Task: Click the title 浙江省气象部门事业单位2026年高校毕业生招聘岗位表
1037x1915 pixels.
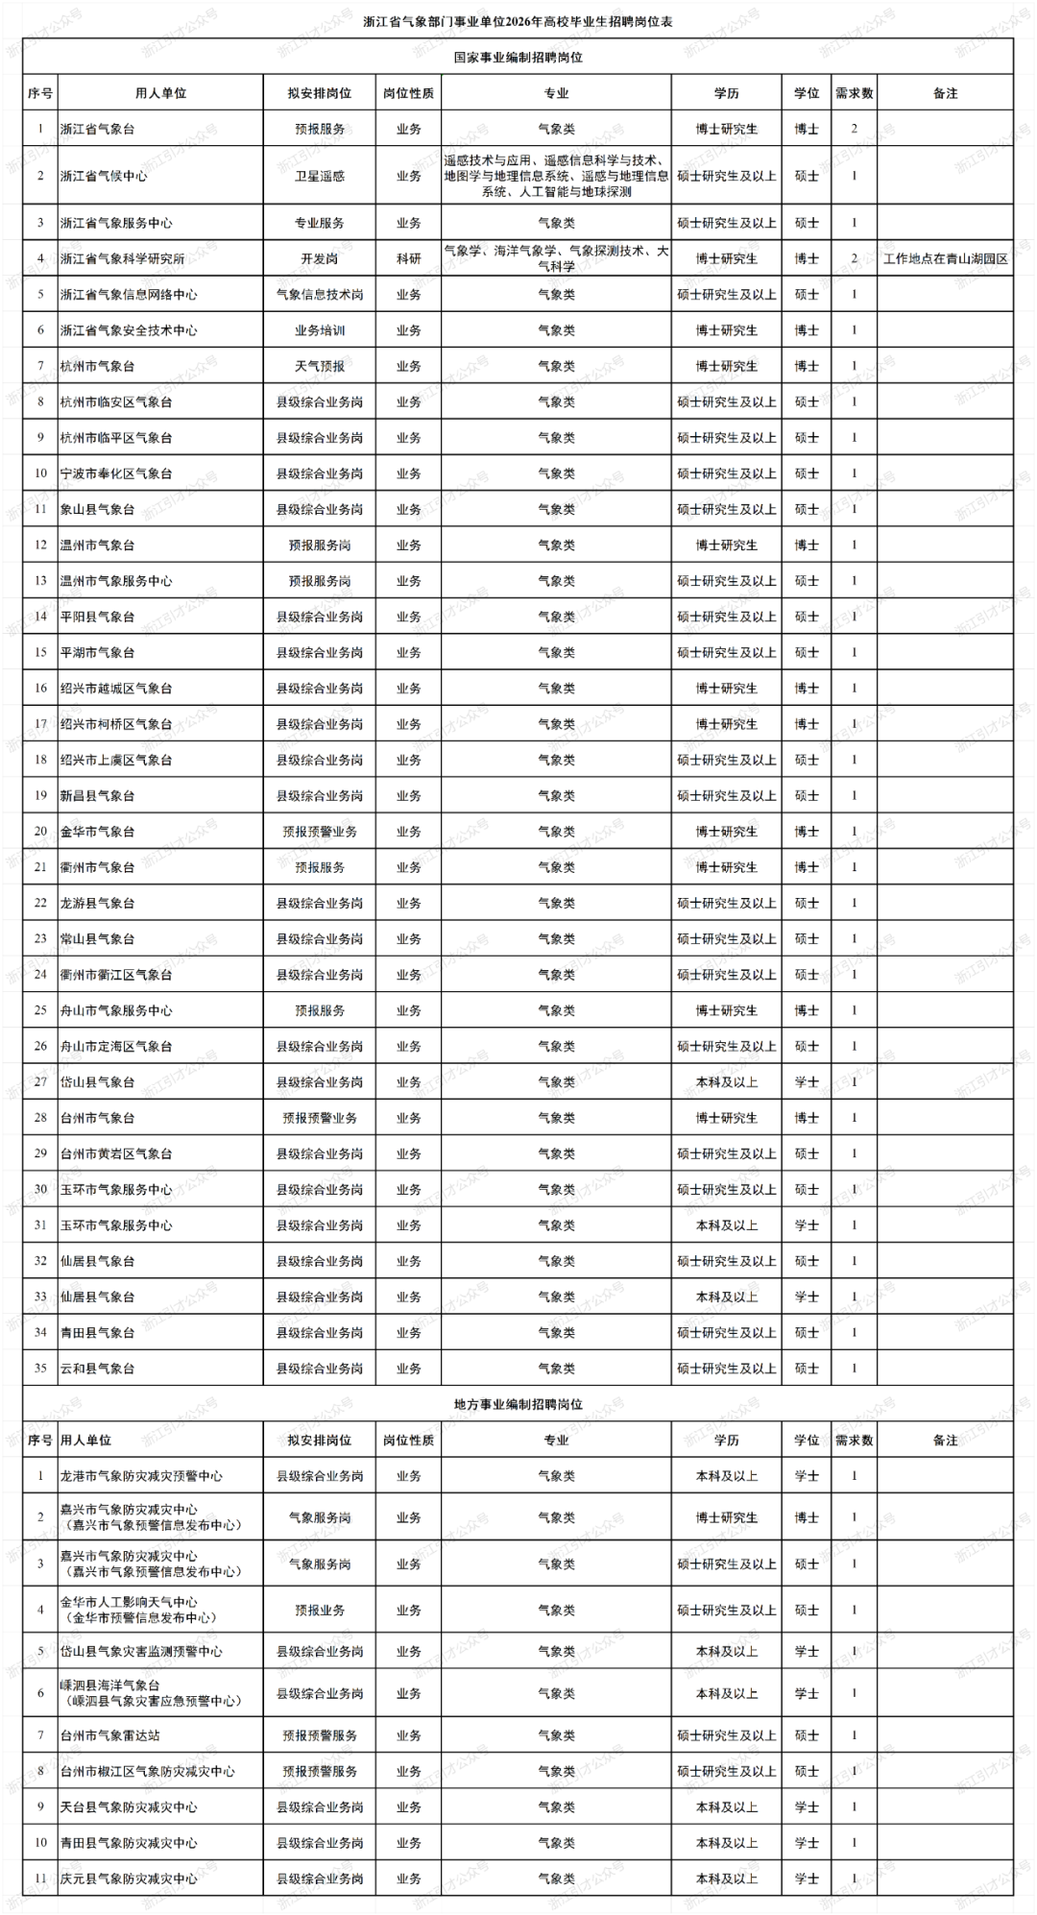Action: click(518, 22)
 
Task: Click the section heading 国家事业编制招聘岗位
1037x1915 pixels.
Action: click(518, 58)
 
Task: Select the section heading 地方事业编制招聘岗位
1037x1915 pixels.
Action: click(518, 1404)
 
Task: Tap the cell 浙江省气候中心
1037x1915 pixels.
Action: click(104, 176)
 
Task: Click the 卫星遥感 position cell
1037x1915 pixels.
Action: click(320, 176)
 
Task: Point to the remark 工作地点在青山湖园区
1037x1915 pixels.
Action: click(945, 259)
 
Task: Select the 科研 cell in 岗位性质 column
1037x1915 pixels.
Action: click(409, 259)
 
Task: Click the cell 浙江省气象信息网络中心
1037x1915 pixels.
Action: click(129, 295)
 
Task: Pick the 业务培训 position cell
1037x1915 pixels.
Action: click(320, 330)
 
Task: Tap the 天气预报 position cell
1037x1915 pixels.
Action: click(320, 366)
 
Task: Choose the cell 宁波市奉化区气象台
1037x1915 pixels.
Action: click(116, 473)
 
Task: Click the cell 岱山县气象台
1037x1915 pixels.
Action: click(97, 1082)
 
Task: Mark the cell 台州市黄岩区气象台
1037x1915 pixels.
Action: click(116, 1153)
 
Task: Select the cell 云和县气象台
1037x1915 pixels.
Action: click(97, 1369)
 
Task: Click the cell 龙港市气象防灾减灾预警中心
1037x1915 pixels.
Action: click(141, 1476)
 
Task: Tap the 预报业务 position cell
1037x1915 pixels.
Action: click(320, 1611)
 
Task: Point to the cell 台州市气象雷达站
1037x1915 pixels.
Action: click(110, 1735)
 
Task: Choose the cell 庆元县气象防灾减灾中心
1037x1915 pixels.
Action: click(129, 1879)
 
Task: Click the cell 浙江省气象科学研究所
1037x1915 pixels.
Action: click(122, 259)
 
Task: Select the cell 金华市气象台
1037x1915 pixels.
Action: click(97, 832)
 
